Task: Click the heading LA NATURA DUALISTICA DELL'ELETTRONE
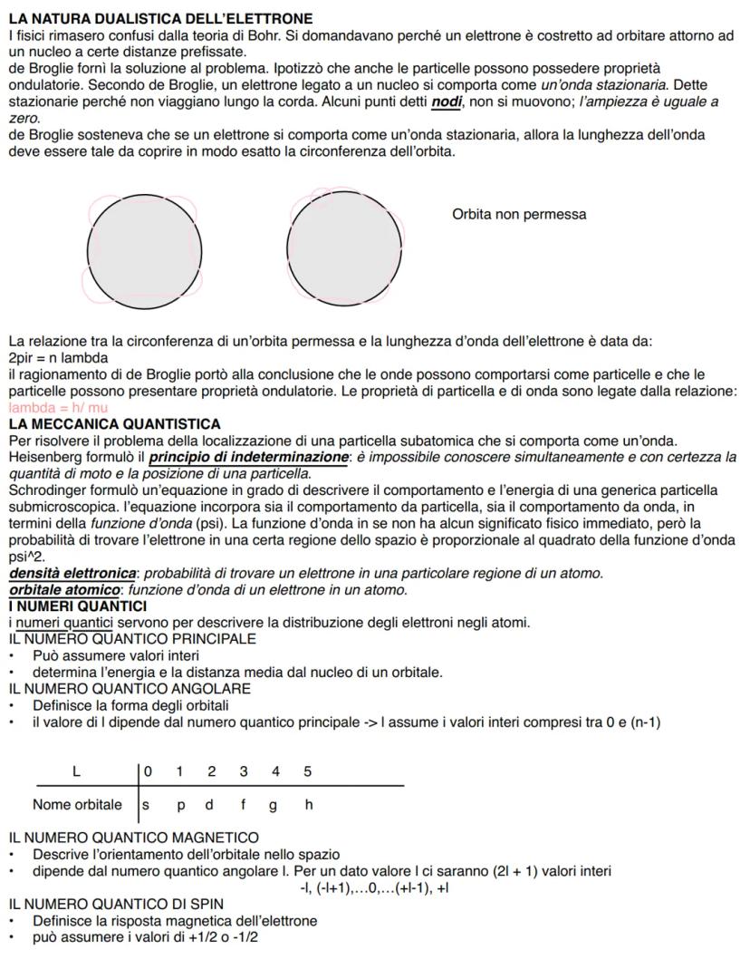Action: (x=160, y=18)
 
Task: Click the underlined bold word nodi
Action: (x=447, y=102)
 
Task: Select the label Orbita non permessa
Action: (x=518, y=215)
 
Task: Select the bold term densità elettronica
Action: (x=72, y=574)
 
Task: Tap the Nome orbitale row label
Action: (x=77, y=805)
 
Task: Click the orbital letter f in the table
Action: (x=243, y=805)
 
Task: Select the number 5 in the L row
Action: (x=307, y=771)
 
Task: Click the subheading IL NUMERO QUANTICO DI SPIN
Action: (x=116, y=904)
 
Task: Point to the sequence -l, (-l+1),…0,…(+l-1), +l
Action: (x=374, y=887)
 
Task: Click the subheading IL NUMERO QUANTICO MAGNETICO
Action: (x=133, y=838)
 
